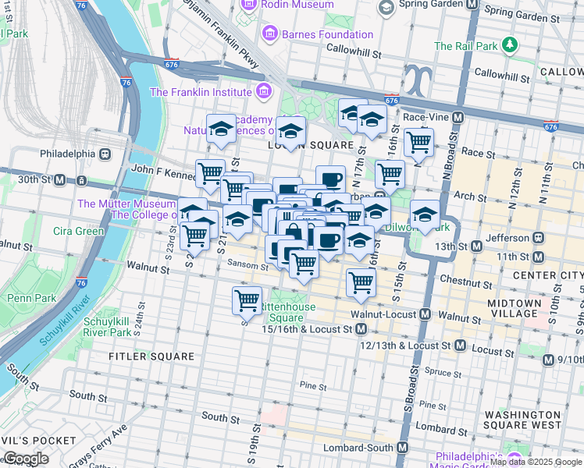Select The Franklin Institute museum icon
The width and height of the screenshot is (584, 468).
pos(263,92)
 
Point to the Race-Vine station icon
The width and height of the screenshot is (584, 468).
pos(458,117)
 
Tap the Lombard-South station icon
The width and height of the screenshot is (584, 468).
pos(403,448)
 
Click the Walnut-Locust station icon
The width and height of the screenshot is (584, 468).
pos(425,314)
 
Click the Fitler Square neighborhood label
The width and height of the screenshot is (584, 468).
pos(151,356)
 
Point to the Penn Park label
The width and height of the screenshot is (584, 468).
pos(31,298)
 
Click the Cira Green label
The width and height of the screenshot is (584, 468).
pos(78,231)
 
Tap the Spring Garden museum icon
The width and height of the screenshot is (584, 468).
pos(385,7)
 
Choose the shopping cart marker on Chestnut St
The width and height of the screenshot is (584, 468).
pos(361,282)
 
